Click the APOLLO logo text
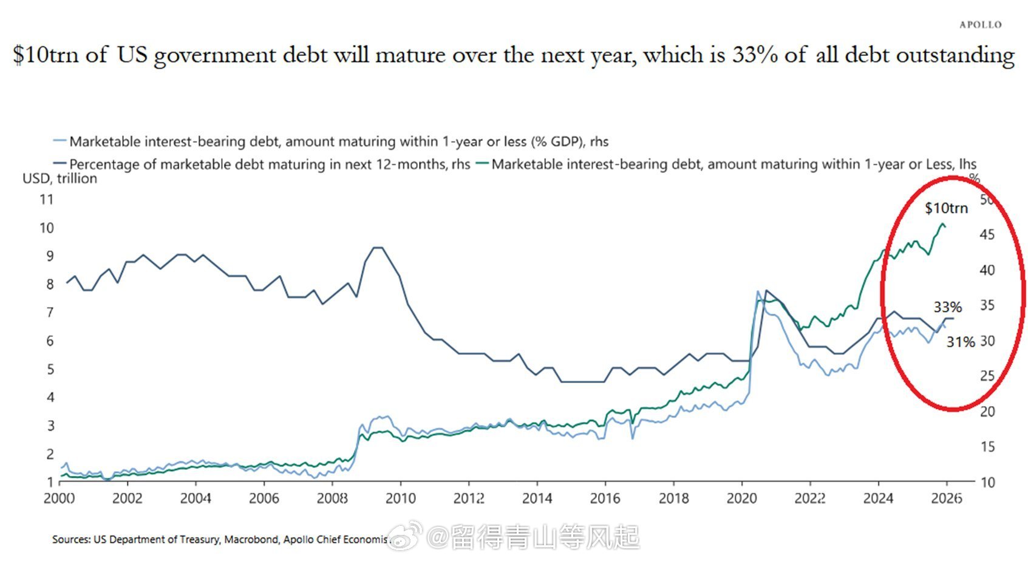(x=980, y=25)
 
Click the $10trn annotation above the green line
(x=946, y=208)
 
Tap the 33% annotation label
(x=948, y=307)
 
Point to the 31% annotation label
(x=961, y=342)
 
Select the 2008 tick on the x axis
(x=332, y=498)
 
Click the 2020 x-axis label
(x=741, y=498)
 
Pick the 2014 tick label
(x=537, y=498)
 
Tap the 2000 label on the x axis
(x=60, y=498)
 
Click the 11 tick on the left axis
(x=47, y=199)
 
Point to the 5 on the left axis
(x=50, y=369)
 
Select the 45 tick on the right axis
(x=987, y=234)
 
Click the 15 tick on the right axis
(x=987, y=447)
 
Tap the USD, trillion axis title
(x=60, y=178)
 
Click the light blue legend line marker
(x=60, y=141)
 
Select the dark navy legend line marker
(x=60, y=164)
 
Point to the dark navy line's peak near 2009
(x=377, y=248)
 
